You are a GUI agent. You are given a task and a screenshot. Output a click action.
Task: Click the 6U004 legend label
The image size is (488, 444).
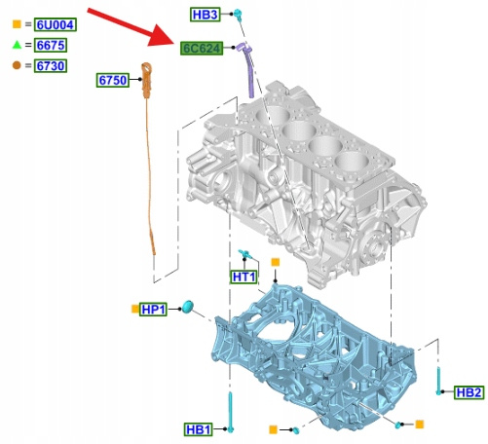pos(56,24)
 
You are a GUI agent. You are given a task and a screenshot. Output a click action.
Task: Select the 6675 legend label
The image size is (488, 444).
pos(51,45)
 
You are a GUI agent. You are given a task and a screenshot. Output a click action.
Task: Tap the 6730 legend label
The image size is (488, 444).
pos(51,65)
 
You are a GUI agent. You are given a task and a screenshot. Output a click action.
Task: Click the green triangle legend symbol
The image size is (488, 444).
pos(17,45)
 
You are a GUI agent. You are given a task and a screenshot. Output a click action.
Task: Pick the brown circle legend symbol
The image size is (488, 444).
pos(17,65)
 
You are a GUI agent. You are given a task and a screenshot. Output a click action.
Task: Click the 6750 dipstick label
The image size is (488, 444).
pos(113,80)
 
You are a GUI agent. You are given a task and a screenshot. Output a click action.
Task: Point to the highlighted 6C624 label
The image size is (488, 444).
pos(202,49)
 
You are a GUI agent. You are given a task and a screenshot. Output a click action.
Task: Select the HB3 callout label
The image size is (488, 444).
pos(205,15)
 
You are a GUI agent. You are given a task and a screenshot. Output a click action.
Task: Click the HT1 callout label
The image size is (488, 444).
pos(244,277)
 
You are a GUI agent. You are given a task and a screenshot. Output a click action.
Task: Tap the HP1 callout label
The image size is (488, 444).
pos(154,310)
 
